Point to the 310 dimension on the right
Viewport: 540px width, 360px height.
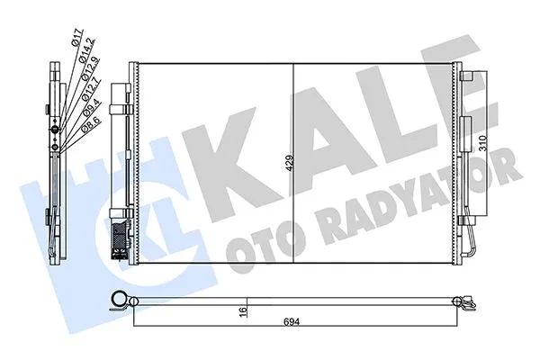483,144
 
